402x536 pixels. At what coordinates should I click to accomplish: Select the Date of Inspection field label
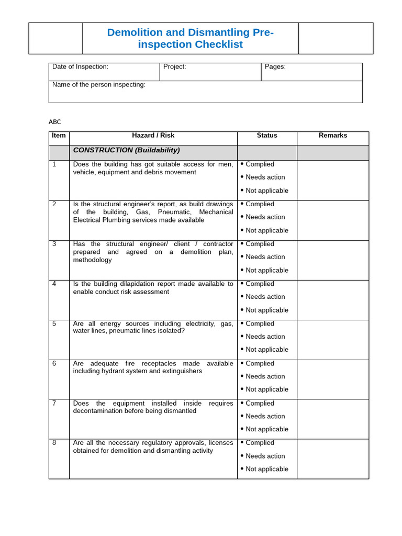coord(80,67)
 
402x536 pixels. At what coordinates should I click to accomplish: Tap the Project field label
coord(174,67)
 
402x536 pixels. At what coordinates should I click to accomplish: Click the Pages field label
coord(275,67)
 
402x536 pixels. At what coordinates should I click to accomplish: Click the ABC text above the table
coord(55,122)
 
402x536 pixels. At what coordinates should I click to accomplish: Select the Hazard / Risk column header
coord(153,136)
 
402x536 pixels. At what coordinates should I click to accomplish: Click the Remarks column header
coord(333,136)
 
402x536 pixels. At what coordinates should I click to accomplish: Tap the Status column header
coord(267,136)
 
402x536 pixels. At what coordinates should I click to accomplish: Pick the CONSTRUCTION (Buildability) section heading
coord(126,150)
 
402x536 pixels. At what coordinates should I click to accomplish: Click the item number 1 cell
coord(54,164)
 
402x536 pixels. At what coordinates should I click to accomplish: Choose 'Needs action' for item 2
coord(265,217)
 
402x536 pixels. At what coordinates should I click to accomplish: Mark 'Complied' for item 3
coord(260,244)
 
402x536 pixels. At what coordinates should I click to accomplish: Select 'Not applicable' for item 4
coord(266,310)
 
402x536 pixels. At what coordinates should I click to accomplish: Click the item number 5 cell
coord(54,323)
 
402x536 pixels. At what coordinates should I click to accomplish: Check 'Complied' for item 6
coord(260,363)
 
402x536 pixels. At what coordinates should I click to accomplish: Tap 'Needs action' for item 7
coord(265,416)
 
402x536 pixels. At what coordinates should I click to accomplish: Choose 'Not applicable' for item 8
coord(266,469)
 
